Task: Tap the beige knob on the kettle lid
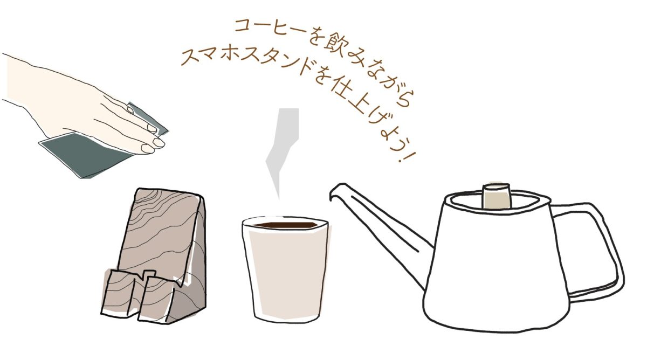[496, 196]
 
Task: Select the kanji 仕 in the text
[345, 87]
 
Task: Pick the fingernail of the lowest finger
[147, 149]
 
